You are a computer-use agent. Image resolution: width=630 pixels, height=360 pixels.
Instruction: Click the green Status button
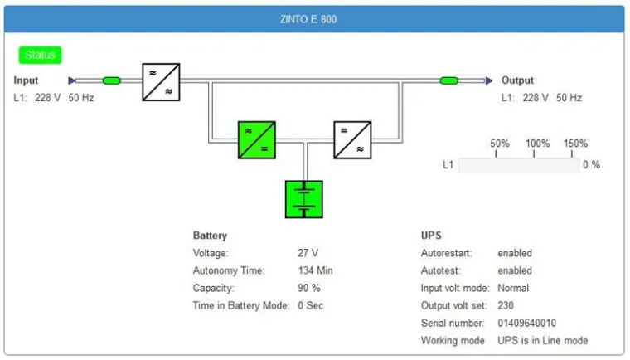click(40, 56)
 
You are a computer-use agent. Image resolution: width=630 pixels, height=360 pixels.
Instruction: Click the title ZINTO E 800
click(313, 19)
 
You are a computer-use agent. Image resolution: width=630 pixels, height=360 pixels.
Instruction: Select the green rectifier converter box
click(256, 140)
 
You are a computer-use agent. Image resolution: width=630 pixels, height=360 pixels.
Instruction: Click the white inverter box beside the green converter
click(352, 140)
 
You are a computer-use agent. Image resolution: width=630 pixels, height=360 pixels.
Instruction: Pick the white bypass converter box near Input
click(161, 81)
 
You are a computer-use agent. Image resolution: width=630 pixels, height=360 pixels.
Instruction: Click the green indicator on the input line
click(111, 80)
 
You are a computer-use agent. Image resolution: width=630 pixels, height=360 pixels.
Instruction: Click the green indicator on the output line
click(449, 80)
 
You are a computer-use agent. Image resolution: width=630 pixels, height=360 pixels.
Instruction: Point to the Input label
click(27, 80)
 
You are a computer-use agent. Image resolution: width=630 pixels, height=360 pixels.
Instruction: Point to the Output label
click(517, 80)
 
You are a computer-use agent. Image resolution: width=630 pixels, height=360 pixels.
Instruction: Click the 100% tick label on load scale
click(537, 144)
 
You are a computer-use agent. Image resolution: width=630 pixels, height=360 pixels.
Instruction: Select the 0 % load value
click(591, 165)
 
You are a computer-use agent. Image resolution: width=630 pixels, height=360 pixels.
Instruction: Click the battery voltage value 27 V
click(308, 253)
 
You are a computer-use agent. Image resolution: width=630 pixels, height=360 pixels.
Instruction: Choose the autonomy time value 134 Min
click(315, 270)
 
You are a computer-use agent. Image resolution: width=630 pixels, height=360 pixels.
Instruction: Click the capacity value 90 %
click(309, 288)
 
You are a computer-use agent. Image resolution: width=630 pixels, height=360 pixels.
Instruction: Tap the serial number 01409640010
click(526, 323)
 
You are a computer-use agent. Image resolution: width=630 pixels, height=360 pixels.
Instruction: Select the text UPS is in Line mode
click(542, 340)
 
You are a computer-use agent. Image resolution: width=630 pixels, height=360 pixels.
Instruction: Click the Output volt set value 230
click(506, 305)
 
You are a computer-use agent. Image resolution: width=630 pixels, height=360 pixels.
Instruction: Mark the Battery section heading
click(210, 236)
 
